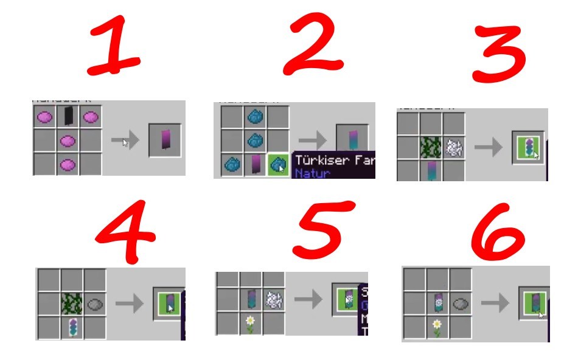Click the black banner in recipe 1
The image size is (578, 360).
click(x=68, y=116)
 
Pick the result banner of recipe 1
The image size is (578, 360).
click(x=165, y=141)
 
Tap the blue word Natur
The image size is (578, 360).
click(x=312, y=174)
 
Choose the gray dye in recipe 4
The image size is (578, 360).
click(x=96, y=303)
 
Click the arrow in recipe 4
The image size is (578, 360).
click(x=128, y=303)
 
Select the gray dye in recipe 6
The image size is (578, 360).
click(x=461, y=302)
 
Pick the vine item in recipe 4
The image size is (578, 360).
click(x=72, y=303)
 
